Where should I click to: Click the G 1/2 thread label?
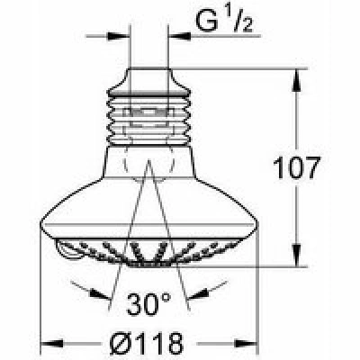(224, 21)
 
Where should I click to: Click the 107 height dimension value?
(295, 167)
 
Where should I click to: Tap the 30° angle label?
(149, 303)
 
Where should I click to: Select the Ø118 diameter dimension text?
(147, 343)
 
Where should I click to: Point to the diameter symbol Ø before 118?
(120, 343)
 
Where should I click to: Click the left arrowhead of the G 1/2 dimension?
(119, 36)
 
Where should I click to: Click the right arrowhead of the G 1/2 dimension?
(180, 36)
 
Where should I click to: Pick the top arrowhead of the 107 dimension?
(296, 80)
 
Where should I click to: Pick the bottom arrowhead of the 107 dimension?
(296, 255)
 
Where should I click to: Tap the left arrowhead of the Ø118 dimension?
(51, 343)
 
